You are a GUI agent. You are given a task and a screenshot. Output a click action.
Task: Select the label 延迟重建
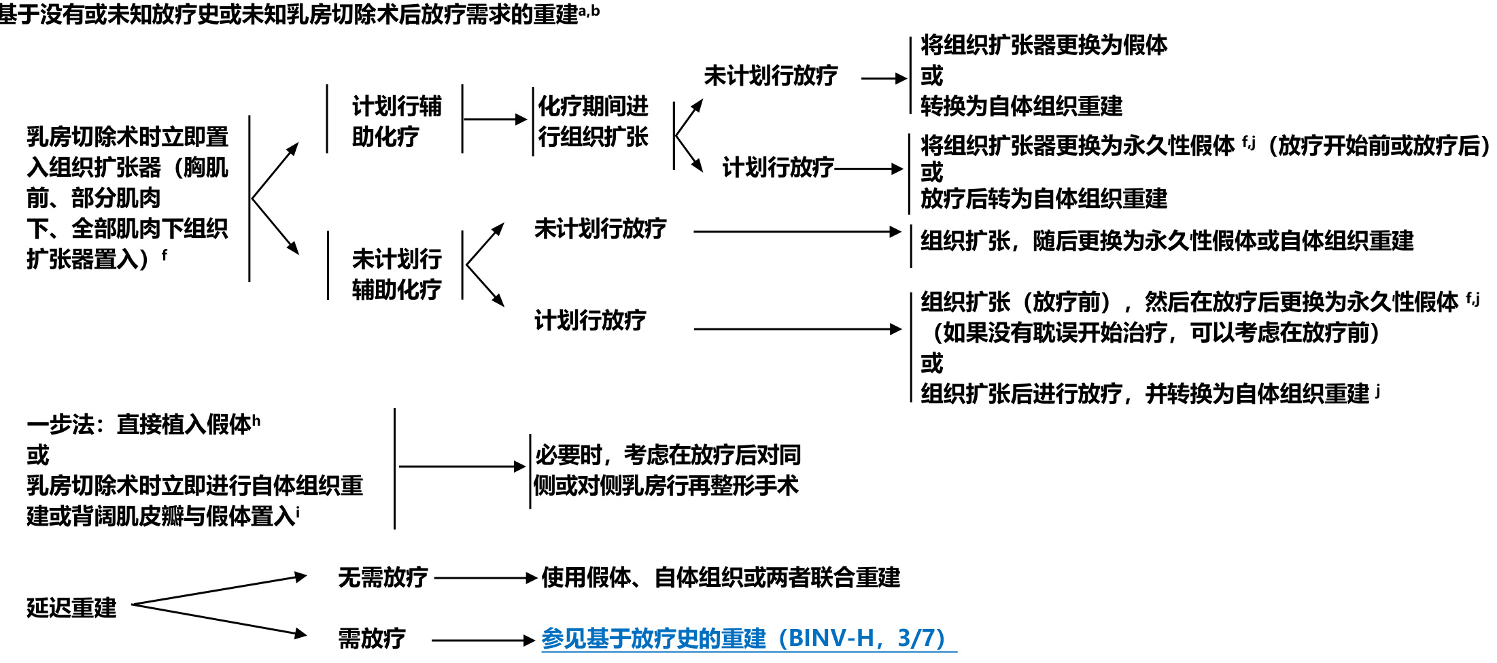[71, 607]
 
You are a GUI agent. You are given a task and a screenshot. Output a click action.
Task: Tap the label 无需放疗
[383, 577]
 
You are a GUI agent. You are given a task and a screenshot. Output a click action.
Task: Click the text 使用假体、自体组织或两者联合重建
[721, 577]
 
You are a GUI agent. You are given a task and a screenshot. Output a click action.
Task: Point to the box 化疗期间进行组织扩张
[593, 121]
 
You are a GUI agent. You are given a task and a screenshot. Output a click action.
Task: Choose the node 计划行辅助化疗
[396, 121]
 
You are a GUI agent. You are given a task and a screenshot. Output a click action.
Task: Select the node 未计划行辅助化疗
[396, 274]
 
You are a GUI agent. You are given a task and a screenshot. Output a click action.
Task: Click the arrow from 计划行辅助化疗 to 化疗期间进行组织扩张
[495, 120]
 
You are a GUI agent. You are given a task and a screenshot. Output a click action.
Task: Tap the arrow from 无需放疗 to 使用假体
[485, 578]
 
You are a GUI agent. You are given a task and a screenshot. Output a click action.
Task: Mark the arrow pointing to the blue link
[483, 640]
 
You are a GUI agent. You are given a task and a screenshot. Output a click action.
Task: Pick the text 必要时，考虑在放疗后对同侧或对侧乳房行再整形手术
[666, 470]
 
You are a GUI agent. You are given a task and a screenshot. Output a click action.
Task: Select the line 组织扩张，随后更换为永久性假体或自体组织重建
[1167, 241]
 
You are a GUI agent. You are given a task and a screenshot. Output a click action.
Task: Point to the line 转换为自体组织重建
[1021, 106]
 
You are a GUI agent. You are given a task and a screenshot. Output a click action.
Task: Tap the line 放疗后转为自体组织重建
[1044, 199]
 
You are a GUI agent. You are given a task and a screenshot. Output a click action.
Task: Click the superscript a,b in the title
[589, 11]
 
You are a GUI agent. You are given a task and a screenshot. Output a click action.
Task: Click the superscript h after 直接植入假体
[256, 420]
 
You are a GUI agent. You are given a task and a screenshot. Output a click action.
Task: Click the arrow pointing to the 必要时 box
[462, 466]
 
